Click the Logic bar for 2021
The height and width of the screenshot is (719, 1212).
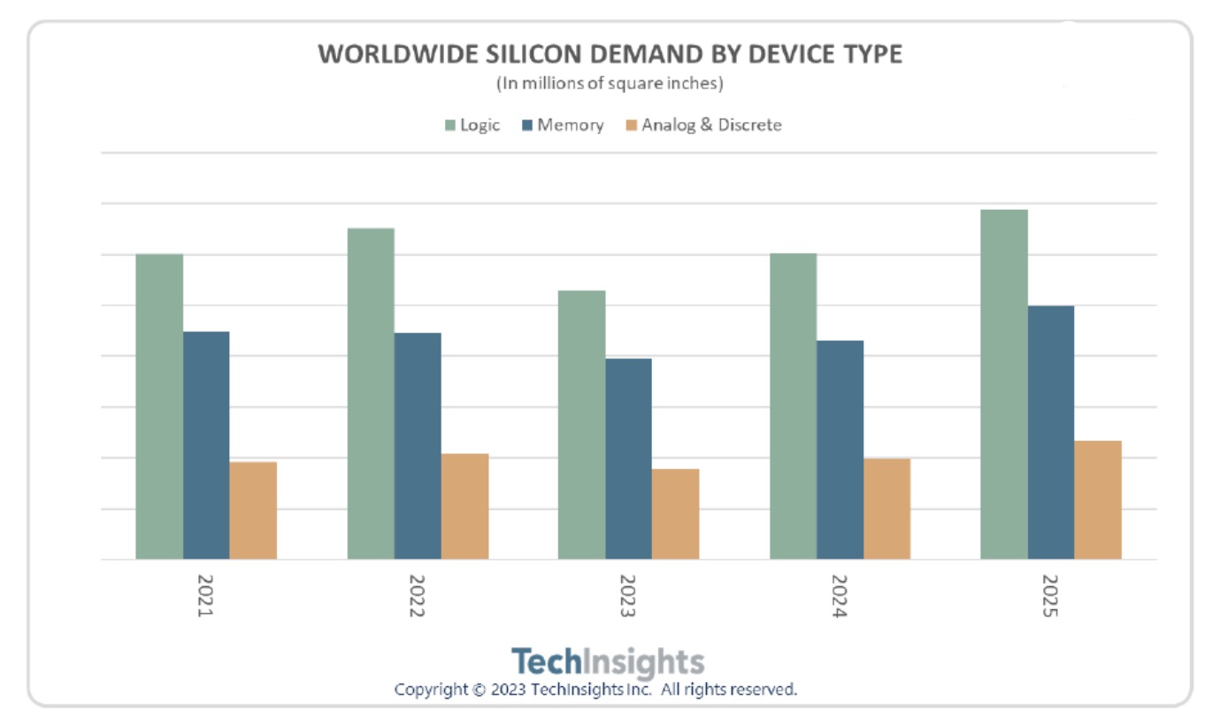click(x=159, y=407)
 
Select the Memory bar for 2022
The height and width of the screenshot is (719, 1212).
click(x=418, y=446)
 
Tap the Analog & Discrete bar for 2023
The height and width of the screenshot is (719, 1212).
click(x=675, y=514)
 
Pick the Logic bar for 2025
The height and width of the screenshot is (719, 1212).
click(x=1004, y=384)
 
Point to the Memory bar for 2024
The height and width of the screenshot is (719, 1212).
click(x=840, y=450)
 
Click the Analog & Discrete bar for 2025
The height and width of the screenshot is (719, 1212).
click(x=1098, y=500)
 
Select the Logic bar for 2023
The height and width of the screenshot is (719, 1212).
click(x=581, y=425)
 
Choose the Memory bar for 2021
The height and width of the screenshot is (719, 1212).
click(x=206, y=445)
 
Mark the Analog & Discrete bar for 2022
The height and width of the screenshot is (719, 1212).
click(x=464, y=506)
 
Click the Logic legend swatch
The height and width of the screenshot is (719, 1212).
click(x=450, y=126)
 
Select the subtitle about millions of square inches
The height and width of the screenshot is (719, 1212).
click(x=610, y=84)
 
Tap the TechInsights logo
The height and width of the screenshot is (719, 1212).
click(x=609, y=661)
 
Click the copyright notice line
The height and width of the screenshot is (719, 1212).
click(x=596, y=689)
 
